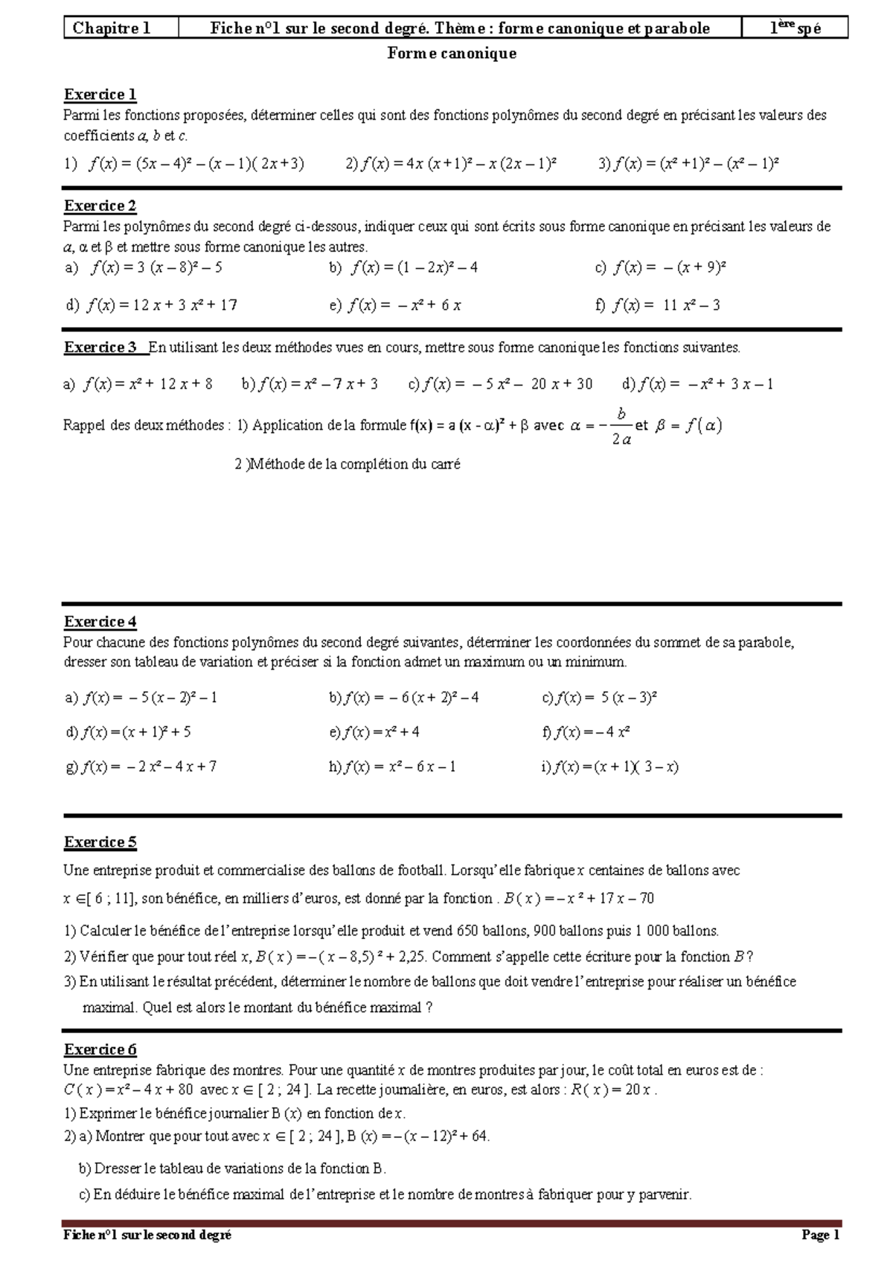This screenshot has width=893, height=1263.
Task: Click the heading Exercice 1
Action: click(100, 95)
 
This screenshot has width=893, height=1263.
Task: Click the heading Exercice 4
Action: click(100, 622)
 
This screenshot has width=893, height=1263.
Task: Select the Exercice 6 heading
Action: click(100, 1049)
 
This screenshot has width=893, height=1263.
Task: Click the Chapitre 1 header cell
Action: click(112, 28)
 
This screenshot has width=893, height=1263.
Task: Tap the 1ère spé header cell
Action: click(795, 28)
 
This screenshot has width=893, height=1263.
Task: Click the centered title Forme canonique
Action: click(452, 54)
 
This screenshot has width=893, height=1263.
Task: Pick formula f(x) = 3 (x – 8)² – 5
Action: click(156, 267)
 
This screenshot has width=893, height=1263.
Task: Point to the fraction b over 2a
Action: click(621, 426)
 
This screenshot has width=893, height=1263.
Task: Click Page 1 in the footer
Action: click(820, 1235)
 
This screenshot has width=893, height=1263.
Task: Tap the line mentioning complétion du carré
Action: click(348, 465)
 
